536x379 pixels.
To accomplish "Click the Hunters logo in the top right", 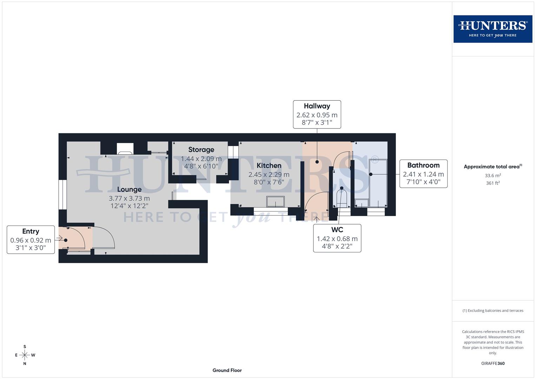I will coord(492,29).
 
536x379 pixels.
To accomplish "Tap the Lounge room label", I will coord(129,189).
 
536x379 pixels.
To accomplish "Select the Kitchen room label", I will coord(269,166).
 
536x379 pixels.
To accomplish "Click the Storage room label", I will coord(201,150).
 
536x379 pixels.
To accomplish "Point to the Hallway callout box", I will coord(317,114).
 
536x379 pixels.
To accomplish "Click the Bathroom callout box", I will coord(423,174).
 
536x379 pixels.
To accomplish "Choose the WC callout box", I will coord(337,238).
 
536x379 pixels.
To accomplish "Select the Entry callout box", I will coord(31,240).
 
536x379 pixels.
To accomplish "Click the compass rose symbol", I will coord(25,355).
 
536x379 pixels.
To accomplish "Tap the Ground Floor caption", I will coord(227,370).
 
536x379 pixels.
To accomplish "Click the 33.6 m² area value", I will coord(493,175).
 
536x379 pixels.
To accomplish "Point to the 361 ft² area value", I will coord(493,183).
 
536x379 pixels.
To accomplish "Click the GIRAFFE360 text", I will coord(493,364).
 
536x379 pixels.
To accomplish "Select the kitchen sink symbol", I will coord(276,202).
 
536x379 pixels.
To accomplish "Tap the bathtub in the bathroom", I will coord(378,183).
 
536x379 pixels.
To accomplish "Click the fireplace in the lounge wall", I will coord(125,149).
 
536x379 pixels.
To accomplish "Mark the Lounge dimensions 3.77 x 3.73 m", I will coord(129,198).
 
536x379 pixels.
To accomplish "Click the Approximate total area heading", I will coord(492,167).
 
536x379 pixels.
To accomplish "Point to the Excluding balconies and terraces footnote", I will coord(493,311).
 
